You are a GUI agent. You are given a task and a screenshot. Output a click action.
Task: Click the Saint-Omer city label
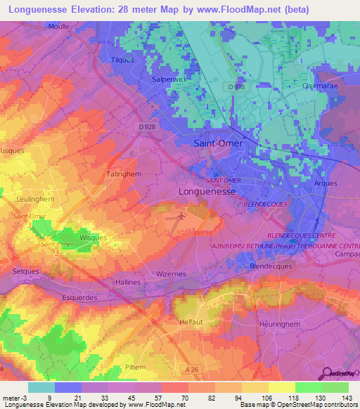point(217,143)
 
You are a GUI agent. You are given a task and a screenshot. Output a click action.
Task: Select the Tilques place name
point(123,60)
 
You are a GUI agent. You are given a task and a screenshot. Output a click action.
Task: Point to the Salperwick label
point(169,79)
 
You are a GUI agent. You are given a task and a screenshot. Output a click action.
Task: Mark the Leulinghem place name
point(30,200)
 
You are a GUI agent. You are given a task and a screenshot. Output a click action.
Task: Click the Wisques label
point(93,238)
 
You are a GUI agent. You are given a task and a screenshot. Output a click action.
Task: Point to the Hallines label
point(128,282)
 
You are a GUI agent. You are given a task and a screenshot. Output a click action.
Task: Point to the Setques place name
point(26,270)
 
